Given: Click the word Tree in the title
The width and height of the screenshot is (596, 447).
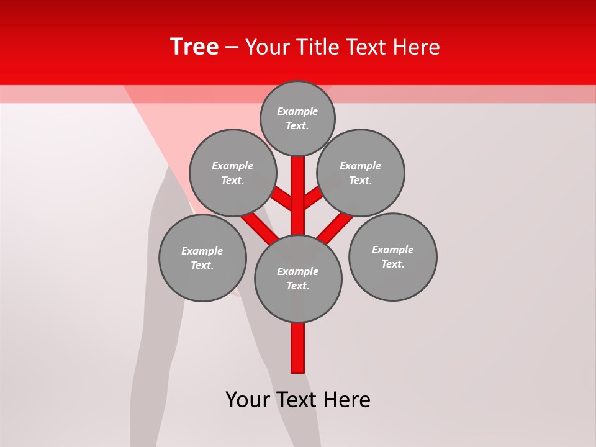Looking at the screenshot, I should (194, 47).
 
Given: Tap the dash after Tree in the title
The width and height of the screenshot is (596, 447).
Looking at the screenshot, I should (232, 48).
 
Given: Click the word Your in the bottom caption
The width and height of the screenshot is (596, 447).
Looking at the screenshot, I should (248, 400).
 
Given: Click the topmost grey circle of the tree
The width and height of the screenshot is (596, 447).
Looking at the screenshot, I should (297, 118).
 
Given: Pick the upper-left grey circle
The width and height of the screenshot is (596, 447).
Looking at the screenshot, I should (232, 173).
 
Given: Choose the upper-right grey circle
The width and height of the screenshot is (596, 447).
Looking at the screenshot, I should (361, 173).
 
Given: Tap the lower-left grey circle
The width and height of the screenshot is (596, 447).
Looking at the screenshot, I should (202, 258).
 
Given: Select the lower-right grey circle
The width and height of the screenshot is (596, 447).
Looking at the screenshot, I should (392, 256).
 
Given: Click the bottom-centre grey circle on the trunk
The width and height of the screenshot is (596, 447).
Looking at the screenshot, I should (298, 278).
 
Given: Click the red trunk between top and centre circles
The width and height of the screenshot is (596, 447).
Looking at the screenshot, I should (298, 192).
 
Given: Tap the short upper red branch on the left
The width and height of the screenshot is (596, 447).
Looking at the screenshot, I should (282, 198).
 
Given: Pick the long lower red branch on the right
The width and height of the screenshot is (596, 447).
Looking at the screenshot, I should (335, 227).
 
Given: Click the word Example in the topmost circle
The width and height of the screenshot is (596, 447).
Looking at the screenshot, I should (297, 111).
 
